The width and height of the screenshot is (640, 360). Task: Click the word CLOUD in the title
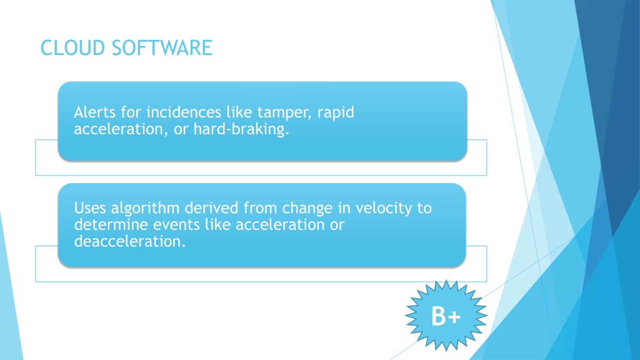73,47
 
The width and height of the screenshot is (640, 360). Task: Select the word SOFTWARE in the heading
162,47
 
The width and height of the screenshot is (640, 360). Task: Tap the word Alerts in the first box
95,112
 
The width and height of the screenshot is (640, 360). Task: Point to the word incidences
183,112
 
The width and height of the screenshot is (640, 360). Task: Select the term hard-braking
241,129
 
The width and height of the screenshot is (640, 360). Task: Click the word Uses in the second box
90,208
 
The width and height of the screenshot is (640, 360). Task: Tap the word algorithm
145,209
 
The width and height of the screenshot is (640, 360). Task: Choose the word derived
212,208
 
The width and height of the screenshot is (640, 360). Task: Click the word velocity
384,209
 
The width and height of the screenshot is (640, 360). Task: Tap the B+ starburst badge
446,316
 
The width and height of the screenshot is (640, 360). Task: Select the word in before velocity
344,208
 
